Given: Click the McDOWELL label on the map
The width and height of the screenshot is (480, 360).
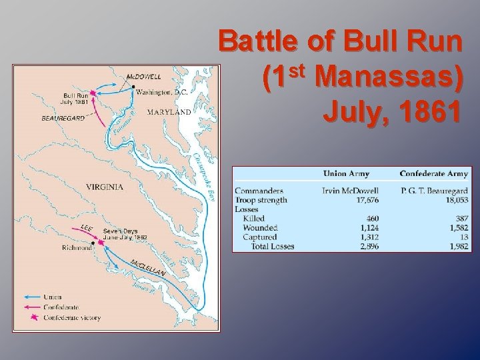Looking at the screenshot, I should click(143, 77).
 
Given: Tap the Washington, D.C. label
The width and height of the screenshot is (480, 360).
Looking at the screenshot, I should click(163, 93).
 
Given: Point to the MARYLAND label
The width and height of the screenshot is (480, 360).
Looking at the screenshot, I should click(169, 113).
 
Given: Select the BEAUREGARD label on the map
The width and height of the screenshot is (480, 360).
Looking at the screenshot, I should click(63, 118).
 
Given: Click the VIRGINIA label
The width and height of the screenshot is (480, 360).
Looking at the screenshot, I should click(105, 187).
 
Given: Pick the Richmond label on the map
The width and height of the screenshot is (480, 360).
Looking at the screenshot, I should click(77, 248).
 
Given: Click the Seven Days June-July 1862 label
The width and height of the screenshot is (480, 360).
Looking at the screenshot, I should click(125, 233).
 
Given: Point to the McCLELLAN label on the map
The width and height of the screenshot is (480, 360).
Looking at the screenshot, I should click(148, 268).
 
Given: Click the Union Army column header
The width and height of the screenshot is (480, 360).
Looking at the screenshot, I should click(346, 174).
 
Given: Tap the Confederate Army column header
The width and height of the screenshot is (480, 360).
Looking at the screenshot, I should click(433, 174).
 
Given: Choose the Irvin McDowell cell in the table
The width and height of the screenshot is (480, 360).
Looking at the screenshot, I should click(350, 191).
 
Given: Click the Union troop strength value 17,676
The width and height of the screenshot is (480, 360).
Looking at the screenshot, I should click(364, 200).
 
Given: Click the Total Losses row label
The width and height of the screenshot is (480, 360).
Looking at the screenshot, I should click(272, 247).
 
